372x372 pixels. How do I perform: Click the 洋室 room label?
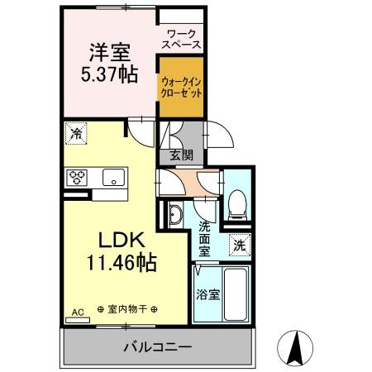pyautogui.click(x=110, y=53)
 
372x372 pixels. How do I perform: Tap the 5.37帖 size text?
pyautogui.click(x=109, y=74)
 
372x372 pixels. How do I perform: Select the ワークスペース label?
pyautogui.click(x=181, y=40)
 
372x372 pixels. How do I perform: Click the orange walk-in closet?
pyautogui.click(x=182, y=87)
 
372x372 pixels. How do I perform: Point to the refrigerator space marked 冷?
pyautogui.click(x=76, y=134)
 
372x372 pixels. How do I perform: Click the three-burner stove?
pyautogui.click(x=77, y=178)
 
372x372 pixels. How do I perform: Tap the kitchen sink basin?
pyautogui.click(x=113, y=178)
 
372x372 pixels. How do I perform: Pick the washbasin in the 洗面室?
pyautogui.click(x=175, y=215)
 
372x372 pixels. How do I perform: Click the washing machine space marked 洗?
pyautogui.click(x=240, y=245)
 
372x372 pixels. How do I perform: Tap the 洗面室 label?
pyautogui.click(x=204, y=239)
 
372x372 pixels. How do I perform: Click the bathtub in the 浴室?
pyautogui.click(x=235, y=294)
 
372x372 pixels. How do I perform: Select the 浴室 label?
pyautogui.click(x=208, y=295)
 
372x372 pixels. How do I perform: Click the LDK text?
pyautogui.click(x=122, y=240)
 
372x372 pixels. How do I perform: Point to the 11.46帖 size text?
pyautogui.click(x=122, y=263)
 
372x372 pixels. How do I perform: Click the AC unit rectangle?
pyautogui.click(x=78, y=320)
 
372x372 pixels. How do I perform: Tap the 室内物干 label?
pyautogui.click(x=127, y=309)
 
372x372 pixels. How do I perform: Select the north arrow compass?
pyautogui.click(x=295, y=347)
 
